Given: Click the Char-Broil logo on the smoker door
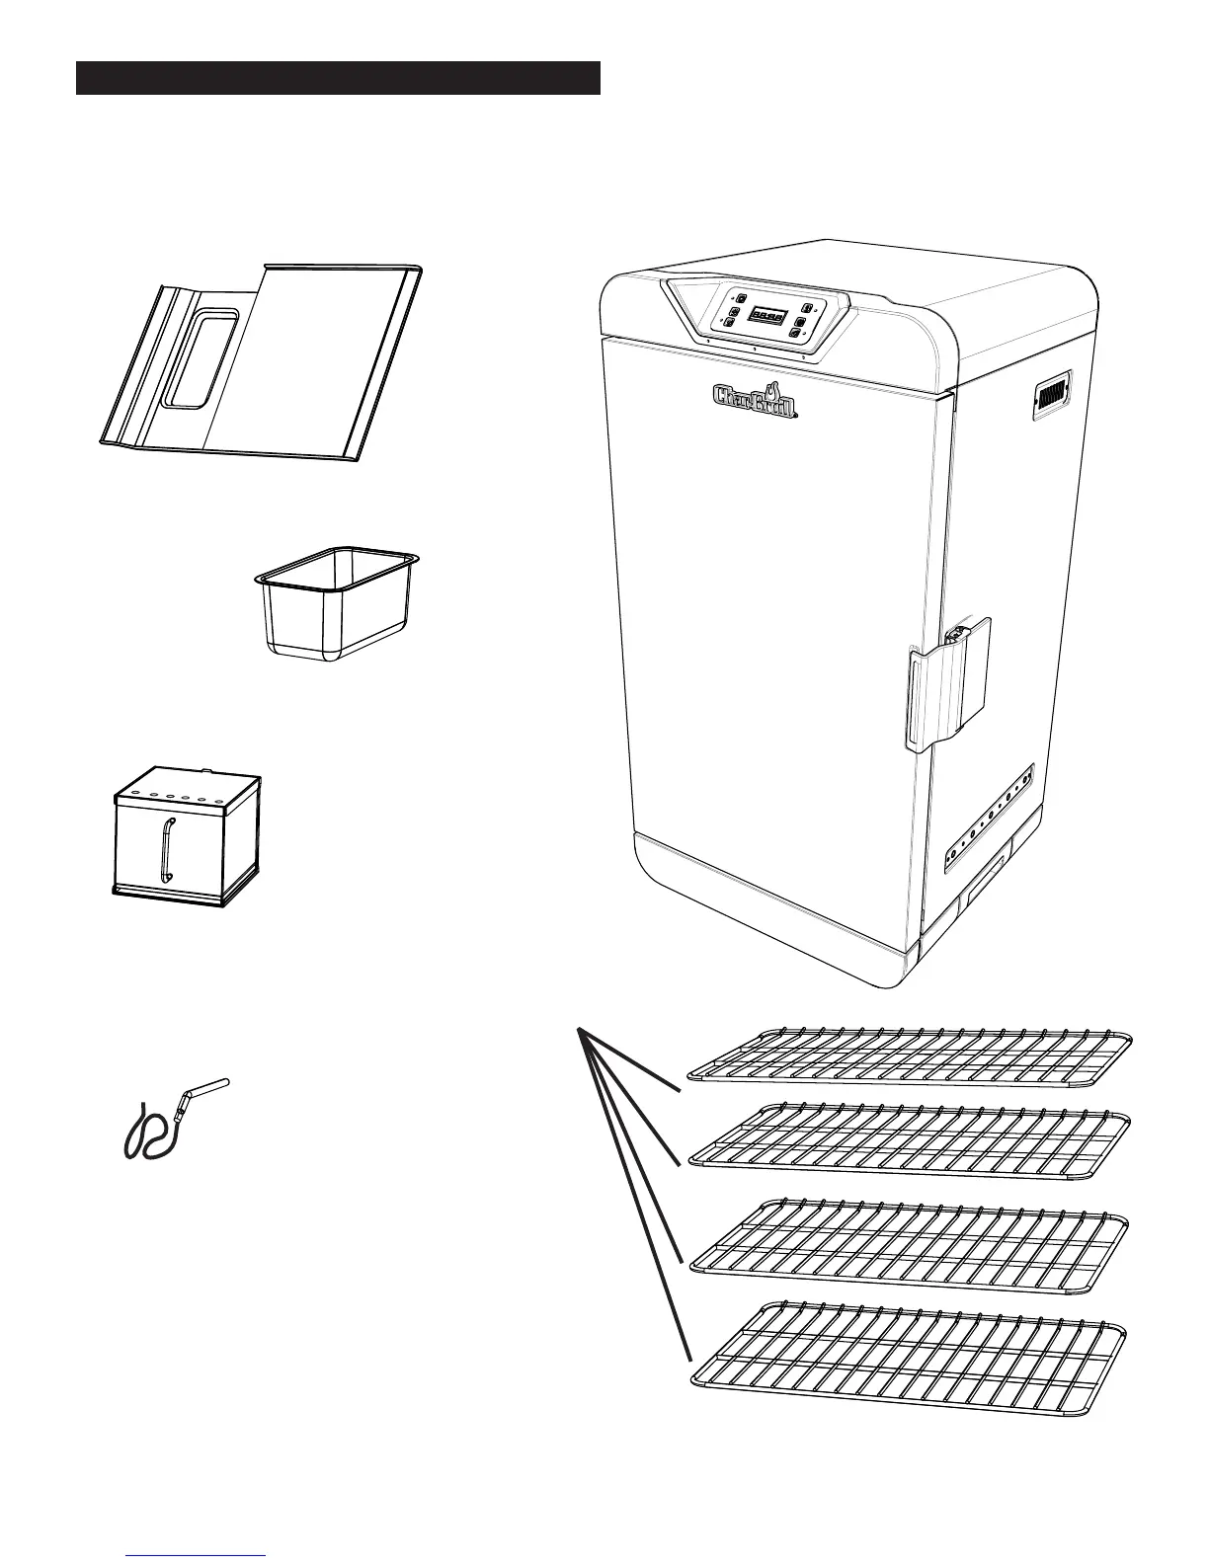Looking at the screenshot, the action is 755,398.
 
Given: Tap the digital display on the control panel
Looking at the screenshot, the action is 766,317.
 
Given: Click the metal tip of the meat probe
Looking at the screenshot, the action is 210,1086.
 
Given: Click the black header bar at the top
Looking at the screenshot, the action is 338,78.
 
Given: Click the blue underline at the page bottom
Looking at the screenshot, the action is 197,1555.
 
